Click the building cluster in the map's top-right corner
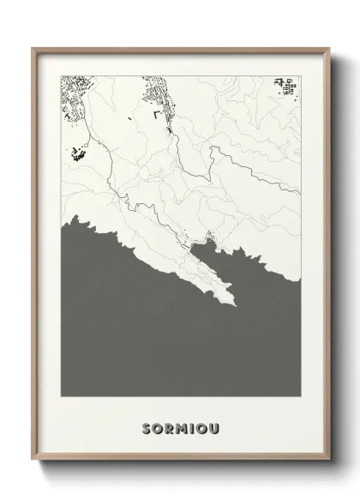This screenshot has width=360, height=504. click(x=286, y=87)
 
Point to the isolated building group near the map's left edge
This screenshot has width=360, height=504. click(x=78, y=153)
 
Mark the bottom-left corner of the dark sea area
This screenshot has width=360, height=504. click(x=62, y=395)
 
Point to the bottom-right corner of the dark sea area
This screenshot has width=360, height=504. click(x=299, y=395)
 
